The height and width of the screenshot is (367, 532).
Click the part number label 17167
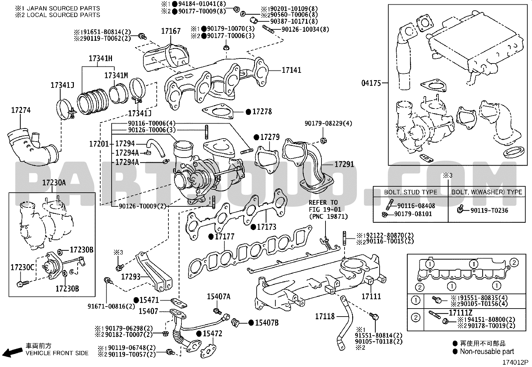click(171, 31)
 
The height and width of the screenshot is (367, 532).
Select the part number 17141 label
click(291, 70)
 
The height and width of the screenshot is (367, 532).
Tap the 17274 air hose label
click(21, 111)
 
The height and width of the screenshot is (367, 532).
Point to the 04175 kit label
click(371, 83)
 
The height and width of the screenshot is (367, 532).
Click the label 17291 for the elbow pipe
click(344, 164)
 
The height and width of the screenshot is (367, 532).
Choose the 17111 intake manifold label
click(371, 297)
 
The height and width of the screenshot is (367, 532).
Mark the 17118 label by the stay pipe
click(325, 317)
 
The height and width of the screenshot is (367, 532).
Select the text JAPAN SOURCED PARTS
click(63, 8)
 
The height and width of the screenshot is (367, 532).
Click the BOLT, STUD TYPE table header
click(411, 192)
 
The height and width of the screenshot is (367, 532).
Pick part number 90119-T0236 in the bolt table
click(490, 211)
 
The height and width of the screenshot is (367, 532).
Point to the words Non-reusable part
click(487, 352)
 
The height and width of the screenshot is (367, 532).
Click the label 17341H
click(101, 58)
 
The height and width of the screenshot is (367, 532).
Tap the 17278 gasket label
click(262, 112)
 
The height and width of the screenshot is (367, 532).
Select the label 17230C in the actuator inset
click(23, 267)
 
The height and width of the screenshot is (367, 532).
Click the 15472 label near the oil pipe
click(212, 334)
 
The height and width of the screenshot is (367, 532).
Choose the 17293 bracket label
click(131, 277)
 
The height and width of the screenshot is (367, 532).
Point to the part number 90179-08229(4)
click(328, 123)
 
